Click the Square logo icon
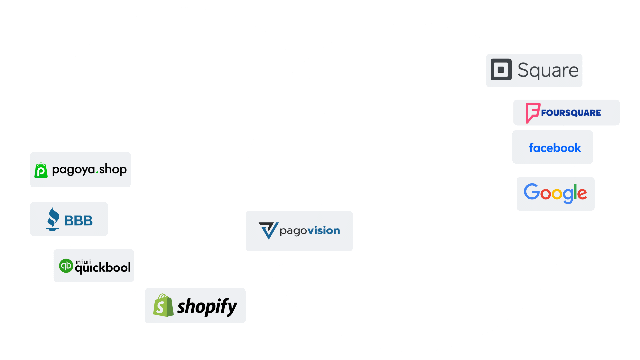(x=501, y=69)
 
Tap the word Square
(x=548, y=70)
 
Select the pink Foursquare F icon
(x=532, y=113)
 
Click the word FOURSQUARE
(x=571, y=113)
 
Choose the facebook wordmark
(x=555, y=148)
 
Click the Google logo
(x=555, y=193)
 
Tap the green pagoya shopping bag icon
(x=41, y=170)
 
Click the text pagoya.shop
(x=89, y=169)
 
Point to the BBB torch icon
(x=53, y=219)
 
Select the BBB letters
(x=78, y=221)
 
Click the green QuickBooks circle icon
(x=66, y=266)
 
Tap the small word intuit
(x=83, y=262)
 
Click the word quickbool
(x=103, y=268)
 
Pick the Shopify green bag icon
(x=163, y=305)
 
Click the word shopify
(x=207, y=307)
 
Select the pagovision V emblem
(x=268, y=230)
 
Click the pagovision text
(x=310, y=231)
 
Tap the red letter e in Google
(x=582, y=194)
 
